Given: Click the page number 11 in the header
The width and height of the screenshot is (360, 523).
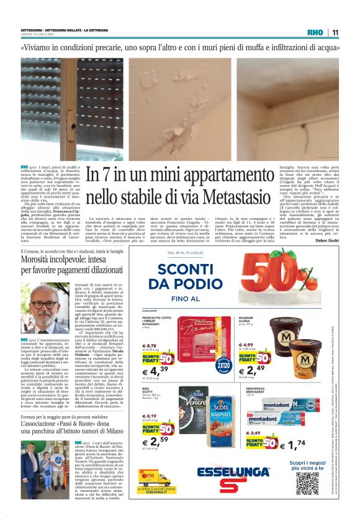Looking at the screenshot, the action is pyautogui.click(x=335, y=33).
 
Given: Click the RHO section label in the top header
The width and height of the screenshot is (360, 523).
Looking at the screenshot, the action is pyautogui.click(x=317, y=33).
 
